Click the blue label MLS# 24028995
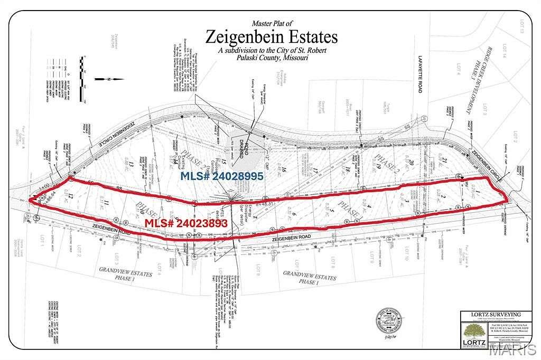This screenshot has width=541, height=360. tap(222, 176)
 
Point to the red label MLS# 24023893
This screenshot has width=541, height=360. tap(186, 223)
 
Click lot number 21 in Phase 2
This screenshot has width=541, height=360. tap(444, 160)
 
